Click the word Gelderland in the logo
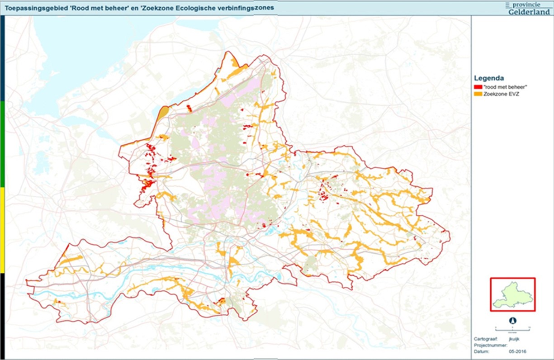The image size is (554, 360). point(529,11)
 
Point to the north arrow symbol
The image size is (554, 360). point(512,320)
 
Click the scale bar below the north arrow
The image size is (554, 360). point(512,327)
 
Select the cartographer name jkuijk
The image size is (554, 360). point(513,338)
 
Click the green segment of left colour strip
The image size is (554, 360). point(2,144)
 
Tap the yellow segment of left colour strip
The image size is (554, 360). point(2,230)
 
